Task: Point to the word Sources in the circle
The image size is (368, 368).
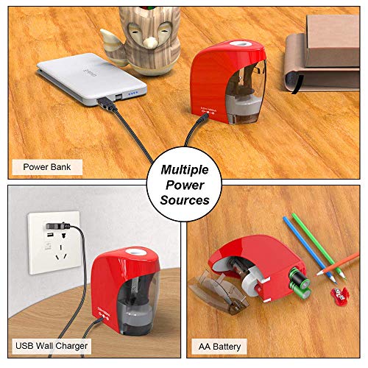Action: tap(184, 199)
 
